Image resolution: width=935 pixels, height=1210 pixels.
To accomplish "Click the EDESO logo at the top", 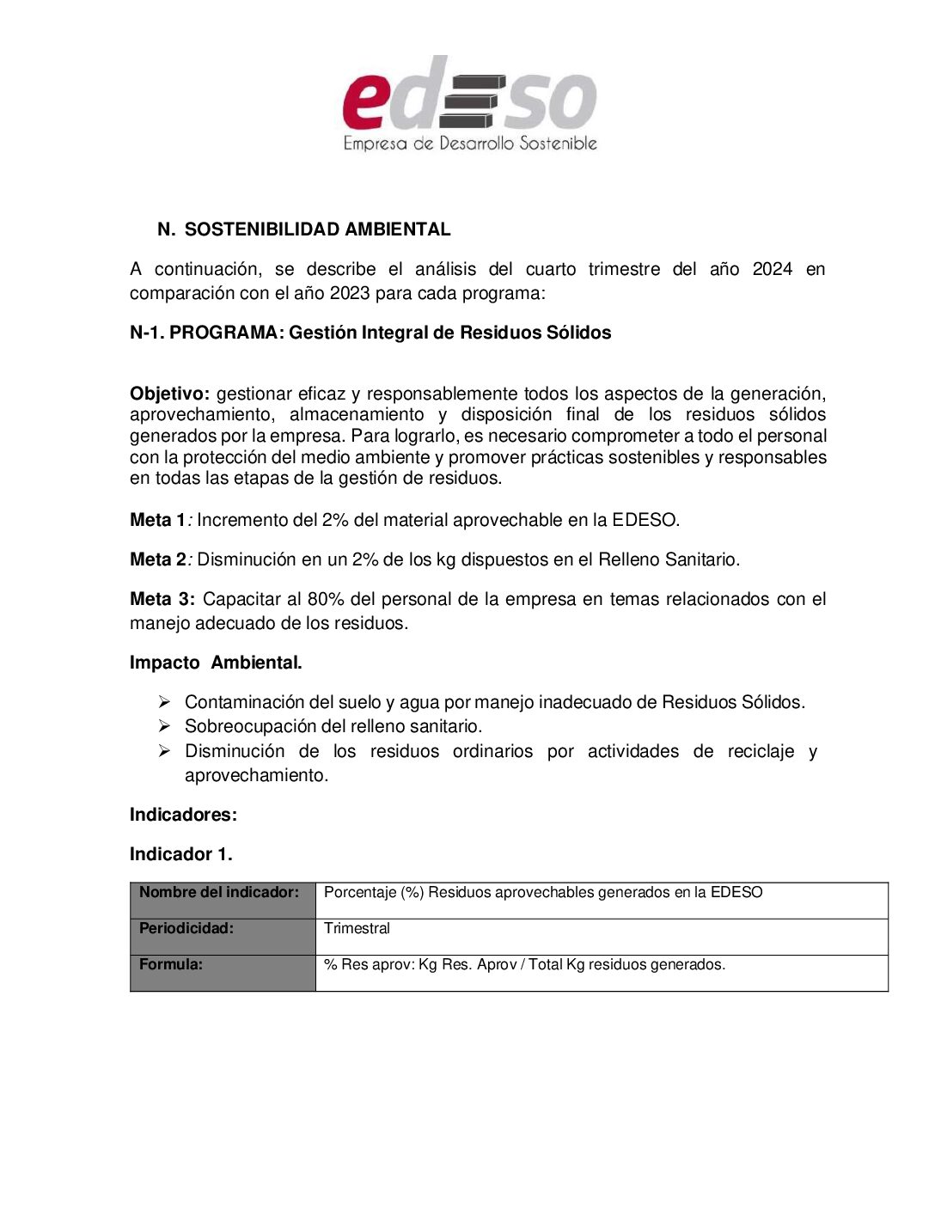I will point(469,104).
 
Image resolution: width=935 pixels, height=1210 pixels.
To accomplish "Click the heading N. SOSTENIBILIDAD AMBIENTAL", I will point(304,229).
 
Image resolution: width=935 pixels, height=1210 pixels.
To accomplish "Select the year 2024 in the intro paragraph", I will point(772,269).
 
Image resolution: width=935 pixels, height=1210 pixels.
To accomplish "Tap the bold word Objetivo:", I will point(169,394).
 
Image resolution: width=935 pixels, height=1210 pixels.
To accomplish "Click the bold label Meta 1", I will point(157,520).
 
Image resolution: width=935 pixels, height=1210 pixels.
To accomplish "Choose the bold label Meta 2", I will point(157,559).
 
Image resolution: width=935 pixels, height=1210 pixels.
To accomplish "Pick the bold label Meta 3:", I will point(162,599).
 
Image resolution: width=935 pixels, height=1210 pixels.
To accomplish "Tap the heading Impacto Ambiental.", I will point(216,663).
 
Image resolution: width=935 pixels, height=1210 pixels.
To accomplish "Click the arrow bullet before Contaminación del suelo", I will point(164,702).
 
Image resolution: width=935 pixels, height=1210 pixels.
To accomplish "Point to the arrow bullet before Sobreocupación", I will point(164,726).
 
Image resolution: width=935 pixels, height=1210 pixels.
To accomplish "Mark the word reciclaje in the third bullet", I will point(761,751).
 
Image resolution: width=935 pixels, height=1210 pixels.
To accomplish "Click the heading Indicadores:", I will point(183,815).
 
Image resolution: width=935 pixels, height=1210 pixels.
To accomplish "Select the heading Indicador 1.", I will point(180,854).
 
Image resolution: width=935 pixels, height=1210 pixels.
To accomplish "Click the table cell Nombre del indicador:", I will point(219,892).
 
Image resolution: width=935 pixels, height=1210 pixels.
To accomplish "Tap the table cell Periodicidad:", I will point(186,928).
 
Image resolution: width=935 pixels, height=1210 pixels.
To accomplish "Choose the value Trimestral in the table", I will point(357,928).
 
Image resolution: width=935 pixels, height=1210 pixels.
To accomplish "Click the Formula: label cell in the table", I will point(171,964).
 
